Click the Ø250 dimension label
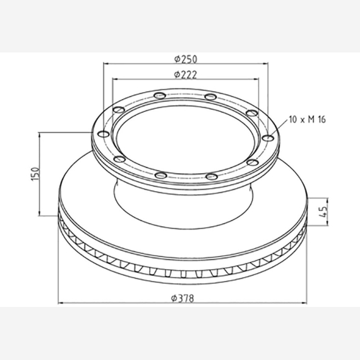coord(186,59)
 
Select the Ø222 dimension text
coord(186,75)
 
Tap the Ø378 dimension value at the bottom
coord(183,298)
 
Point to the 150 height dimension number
coord(35,174)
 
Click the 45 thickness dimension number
coord(323,212)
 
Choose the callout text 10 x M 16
coord(307,119)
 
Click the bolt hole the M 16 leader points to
coord(268,138)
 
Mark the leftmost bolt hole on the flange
coord(104,134)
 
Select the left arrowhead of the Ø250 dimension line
coord(106,63)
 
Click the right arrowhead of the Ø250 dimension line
coord(265,63)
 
